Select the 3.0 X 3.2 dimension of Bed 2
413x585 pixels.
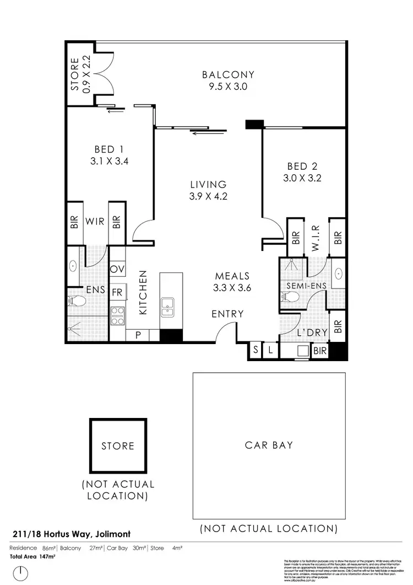click(x=302, y=178)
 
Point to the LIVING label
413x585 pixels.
click(x=208, y=185)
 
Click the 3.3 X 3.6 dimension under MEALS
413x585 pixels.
click(x=232, y=287)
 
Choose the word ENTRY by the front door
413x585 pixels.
click(x=227, y=314)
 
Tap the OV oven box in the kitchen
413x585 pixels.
click(x=117, y=269)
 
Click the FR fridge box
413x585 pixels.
click(x=117, y=293)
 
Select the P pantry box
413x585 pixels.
click(x=137, y=335)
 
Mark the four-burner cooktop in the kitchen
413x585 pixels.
click(x=117, y=315)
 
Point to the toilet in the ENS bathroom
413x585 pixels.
click(x=77, y=301)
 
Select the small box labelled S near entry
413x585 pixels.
click(x=256, y=350)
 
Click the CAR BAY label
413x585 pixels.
click(x=269, y=445)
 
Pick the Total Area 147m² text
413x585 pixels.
click(x=33, y=556)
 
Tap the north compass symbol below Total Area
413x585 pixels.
click(x=21, y=573)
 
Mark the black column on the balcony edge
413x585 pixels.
click(x=254, y=125)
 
